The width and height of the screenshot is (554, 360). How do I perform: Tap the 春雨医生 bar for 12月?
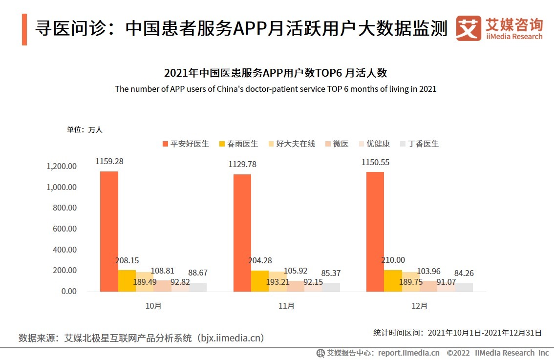pos(393,281)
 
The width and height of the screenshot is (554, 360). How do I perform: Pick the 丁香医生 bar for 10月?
pos(198,287)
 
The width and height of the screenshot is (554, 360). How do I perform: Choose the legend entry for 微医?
pos(337,144)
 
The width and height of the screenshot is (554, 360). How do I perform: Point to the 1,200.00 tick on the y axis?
pos(62,166)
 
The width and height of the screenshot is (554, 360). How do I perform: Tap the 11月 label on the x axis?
pos(286,306)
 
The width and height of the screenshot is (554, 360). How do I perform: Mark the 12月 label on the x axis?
pos(420,306)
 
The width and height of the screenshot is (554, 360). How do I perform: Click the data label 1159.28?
pos(109,161)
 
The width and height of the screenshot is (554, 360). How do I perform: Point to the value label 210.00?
pos(393,260)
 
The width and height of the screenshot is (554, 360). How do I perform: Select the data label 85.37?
pos(331,273)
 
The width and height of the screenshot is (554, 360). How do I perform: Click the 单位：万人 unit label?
pos(85,130)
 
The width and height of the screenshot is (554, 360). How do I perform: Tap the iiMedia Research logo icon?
pos(468,28)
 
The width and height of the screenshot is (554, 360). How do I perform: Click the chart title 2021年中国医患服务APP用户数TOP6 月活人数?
pos(276,73)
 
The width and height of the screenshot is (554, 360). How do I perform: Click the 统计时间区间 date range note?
pos(457,333)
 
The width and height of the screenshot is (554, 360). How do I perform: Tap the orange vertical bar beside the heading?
pos(24,29)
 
